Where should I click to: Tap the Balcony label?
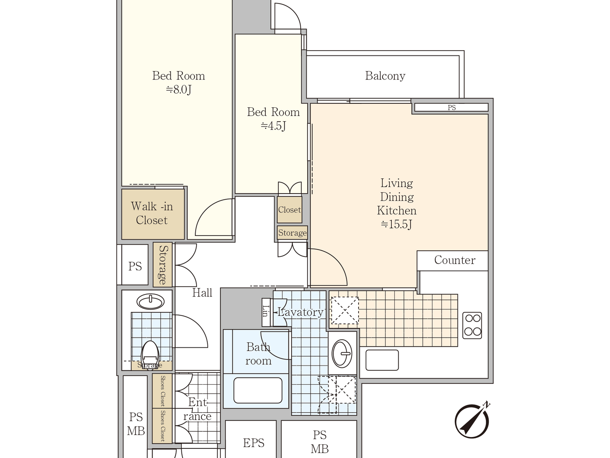tap(385, 76)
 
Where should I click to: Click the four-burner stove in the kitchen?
tap(472, 325)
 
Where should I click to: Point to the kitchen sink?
tap(382, 360)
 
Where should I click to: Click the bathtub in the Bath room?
tap(258, 390)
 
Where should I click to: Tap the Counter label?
tap(454, 260)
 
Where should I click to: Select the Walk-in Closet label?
tap(152, 213)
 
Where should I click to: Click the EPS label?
tap(254, 443)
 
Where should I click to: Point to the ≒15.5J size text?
tap(396, 225)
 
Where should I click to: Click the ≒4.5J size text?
tap(273, 126)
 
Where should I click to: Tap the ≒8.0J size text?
tap(178, 90)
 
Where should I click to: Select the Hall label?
tap(202, 293)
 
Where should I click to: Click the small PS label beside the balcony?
tap(451, 108)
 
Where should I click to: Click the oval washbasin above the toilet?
tap(150, 301)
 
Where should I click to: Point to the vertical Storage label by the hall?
tap(163, 265)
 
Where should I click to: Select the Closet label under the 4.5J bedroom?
tap(289, 210)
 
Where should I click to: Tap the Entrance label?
tap(197, 409)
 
